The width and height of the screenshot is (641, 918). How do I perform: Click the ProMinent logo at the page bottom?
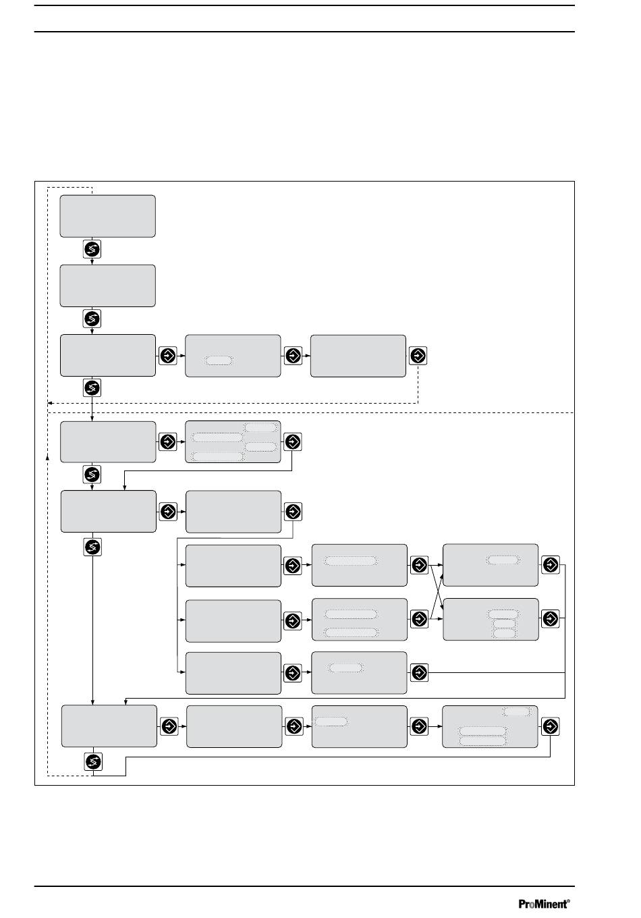pos(544,904)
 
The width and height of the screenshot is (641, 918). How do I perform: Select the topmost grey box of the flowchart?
pos(108,216)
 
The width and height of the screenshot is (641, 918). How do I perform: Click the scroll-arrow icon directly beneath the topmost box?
pos(92,249)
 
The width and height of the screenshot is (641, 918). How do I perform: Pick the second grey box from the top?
pos(108,286)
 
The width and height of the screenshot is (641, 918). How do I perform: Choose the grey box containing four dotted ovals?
pos(233,441)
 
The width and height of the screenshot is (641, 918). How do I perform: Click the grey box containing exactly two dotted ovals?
pos(360,619)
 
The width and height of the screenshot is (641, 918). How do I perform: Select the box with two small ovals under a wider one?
pos(491,619)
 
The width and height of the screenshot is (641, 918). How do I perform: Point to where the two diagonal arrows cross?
pos(437,592)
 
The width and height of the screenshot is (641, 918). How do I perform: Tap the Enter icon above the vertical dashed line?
pos(418,355)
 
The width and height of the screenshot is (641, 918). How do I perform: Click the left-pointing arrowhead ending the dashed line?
pos(50,403)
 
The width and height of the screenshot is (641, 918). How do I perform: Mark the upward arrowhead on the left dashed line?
pos(47,457)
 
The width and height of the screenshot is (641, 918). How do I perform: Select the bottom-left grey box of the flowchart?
pos(109,726)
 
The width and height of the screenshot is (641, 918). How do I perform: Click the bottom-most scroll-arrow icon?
pos(93,762)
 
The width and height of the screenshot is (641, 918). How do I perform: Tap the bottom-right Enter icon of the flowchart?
pos(550,726)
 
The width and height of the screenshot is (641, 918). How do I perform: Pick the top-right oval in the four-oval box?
pos(261,427)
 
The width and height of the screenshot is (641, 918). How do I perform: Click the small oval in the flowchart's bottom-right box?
pos(517,712)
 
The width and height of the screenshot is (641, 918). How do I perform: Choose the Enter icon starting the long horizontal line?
pos(419,672)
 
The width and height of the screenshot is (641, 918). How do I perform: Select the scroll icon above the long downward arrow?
pos(92,547)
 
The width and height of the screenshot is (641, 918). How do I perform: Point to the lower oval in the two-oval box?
pos(351,632)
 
